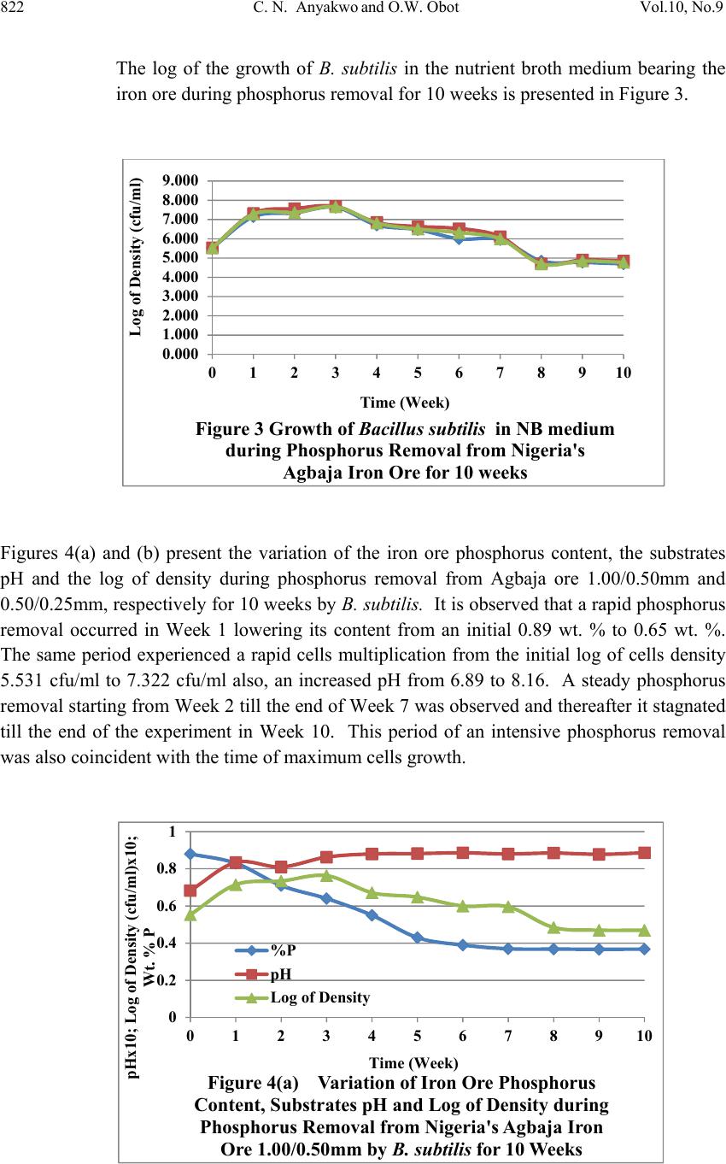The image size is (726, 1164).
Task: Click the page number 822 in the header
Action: click(x=12, y=8)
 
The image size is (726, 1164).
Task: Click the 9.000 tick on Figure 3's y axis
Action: click(x=180, y=181)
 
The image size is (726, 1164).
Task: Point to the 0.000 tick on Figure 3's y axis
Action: click(x=180, y=354)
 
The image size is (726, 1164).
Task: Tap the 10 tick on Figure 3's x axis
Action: click(x=624, y=372)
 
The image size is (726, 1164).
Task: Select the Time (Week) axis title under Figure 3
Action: click(x=405, y=403)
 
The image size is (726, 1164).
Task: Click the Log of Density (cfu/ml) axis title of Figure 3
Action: click(x=136, y=256)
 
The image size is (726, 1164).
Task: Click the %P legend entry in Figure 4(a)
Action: click(x=266, y=950)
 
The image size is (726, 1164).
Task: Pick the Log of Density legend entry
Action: click(x=302, y=997)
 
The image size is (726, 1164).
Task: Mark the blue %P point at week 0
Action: click(x=190, y=854)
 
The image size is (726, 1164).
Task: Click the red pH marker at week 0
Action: click(x=190, y=891)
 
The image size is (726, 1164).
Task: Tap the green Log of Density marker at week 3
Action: click(x=326, y=876)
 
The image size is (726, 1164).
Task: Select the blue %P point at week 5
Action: click(x=418, y=938)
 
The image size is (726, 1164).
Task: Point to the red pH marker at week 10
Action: click(x=644, y=853)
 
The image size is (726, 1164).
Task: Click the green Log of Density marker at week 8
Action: click(x=553, y=928)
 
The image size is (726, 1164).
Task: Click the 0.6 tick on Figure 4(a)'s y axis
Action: click(x=167, y=906)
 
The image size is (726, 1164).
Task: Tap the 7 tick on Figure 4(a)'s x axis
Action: click(x=508, y=1036)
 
